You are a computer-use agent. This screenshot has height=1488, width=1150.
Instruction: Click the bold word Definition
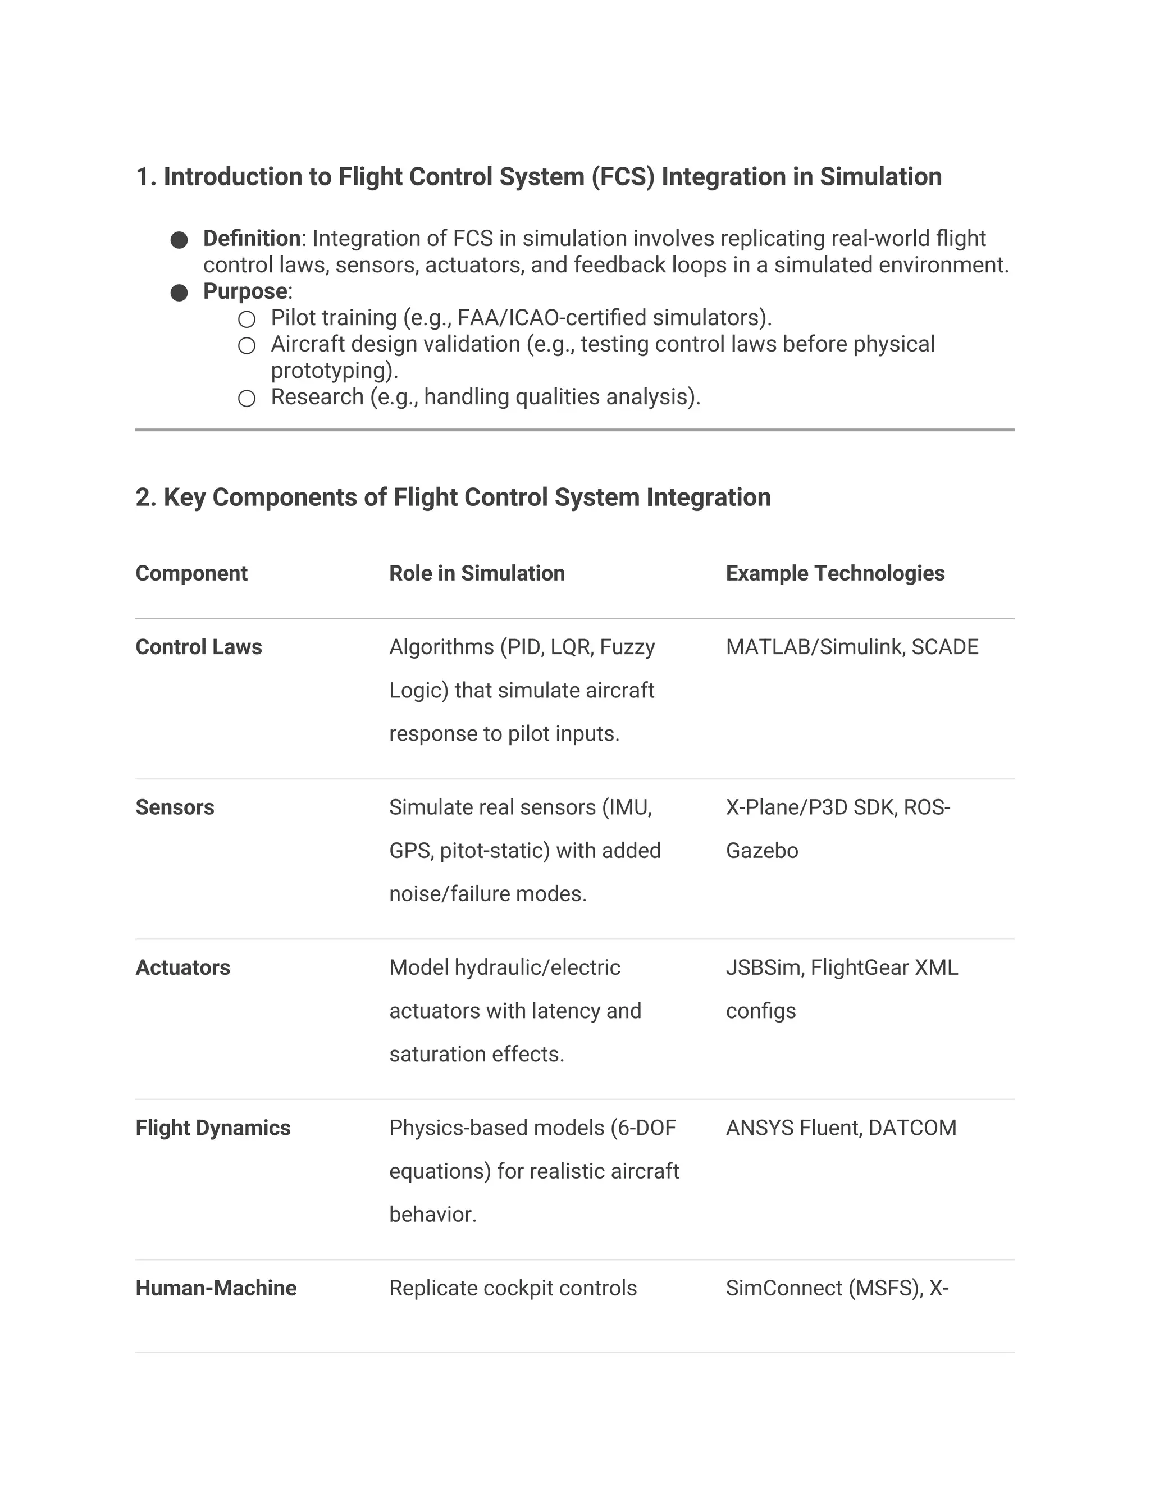click(252, 239)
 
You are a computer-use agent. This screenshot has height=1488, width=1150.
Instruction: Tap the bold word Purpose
click(245, 291)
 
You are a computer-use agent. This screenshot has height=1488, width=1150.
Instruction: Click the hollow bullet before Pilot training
click(247, 319)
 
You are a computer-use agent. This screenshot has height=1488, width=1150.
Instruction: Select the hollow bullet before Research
click(247, 398)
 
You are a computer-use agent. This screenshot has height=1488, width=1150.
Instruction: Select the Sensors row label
click(175, 807)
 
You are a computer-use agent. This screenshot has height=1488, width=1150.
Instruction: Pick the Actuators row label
click(182, 967)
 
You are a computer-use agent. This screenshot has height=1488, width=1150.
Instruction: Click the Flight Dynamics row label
click(213, 1128)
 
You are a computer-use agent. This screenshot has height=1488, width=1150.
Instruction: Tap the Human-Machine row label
click(216, 1288)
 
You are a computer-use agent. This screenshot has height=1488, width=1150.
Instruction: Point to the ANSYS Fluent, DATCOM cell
click(841, 1128)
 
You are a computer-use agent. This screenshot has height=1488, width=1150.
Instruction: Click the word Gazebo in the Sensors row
click(761, 850)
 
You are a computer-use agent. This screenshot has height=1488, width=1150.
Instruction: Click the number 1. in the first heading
click(146, 176)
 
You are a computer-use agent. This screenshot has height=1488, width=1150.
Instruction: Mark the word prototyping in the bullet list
click(333, 371)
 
